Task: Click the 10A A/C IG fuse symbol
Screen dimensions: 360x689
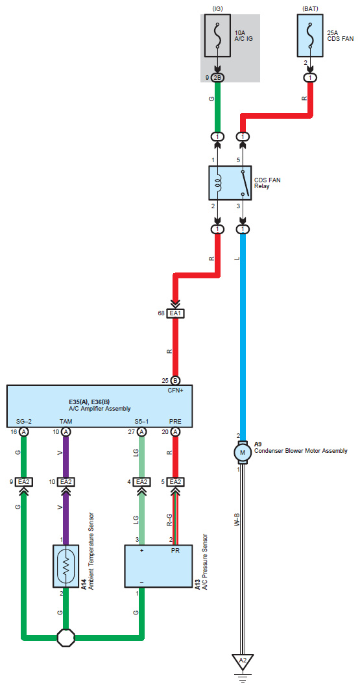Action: [217, 35]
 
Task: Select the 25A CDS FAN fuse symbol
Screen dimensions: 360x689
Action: [310, 35]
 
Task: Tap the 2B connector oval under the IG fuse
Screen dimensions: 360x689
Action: [217, 78]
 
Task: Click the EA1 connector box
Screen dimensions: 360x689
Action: [175, 313]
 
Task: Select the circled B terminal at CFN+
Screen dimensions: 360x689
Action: [175, 381]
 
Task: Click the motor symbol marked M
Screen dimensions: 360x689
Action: [241, 452]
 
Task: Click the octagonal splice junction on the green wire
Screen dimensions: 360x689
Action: [66, 637]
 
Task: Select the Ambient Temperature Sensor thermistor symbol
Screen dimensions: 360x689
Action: [66, 566]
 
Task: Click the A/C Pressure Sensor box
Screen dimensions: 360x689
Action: [158, 566]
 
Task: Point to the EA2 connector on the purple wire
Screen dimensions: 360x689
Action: [66, 482]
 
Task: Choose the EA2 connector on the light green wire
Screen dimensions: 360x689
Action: [141, 482]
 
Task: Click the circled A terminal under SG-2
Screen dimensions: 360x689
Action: [24, 432]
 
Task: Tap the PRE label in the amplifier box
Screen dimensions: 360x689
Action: [175, 422]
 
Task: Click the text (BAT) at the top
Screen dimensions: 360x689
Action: [310, 8]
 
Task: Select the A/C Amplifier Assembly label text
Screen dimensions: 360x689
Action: [100, 408]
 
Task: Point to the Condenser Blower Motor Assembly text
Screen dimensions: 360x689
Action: [301, 450]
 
